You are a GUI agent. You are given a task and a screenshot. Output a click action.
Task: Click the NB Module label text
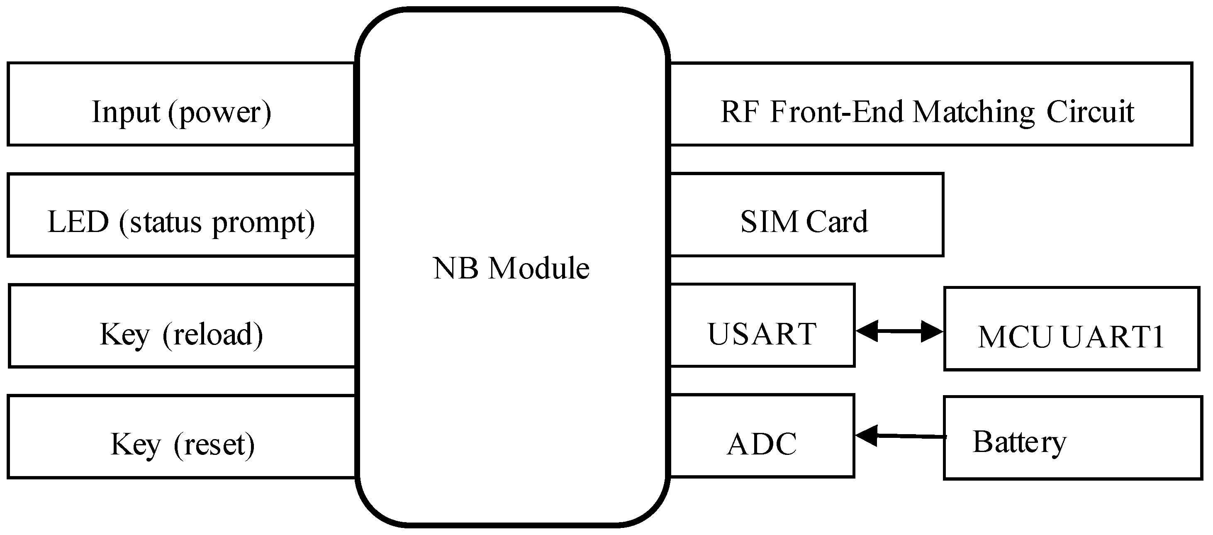(x=511, y=269)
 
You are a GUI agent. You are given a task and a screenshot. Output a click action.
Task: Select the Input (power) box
(x=181, y=104)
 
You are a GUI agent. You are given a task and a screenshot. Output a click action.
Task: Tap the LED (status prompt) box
(x=181, y=215)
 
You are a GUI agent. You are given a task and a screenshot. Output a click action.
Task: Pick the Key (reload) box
(x=181, y=326)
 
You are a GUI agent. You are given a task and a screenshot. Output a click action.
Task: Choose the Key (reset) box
(x=181, y=437)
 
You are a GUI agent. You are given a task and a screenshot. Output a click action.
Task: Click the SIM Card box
(x=806, y=215)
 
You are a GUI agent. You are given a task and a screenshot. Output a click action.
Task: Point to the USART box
(x=762, y=325)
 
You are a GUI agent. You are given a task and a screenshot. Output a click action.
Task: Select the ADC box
(x=762, y=436)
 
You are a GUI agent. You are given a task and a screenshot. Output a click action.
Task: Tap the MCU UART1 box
(x=1071, y=329)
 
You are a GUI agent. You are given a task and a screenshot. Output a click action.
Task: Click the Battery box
(x=1072, y=438)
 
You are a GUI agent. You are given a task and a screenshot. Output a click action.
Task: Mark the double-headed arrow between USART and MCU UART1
(x=899, y=332)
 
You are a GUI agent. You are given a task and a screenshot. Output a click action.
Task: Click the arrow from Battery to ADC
(x=899, y=437)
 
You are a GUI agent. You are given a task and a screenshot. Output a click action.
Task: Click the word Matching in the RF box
(x=974, y=113)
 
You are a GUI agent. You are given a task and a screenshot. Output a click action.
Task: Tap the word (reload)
(x=212, y=335)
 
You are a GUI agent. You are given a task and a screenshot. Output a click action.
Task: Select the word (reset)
(x=214, y=445)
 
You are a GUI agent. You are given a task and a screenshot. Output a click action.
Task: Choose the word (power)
(x=219, y=113)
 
